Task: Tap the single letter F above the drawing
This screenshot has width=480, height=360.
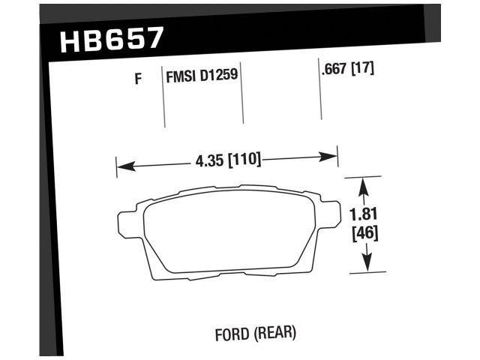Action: [x=137, y=77]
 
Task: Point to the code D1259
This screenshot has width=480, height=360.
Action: [x=220, y=76]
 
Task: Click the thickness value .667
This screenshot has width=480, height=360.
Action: [x=334, y=70]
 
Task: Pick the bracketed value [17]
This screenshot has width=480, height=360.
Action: [x=362, y=70]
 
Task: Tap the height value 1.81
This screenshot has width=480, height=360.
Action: [x=364, y=216]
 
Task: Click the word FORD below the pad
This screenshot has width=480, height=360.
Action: [x=229, y=331]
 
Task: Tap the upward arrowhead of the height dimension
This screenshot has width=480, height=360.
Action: [x=364, y=184]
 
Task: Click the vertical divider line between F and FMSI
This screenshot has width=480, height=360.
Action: [x=164, y=97]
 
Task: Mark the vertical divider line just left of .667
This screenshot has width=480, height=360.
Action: [x=321, y=94]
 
